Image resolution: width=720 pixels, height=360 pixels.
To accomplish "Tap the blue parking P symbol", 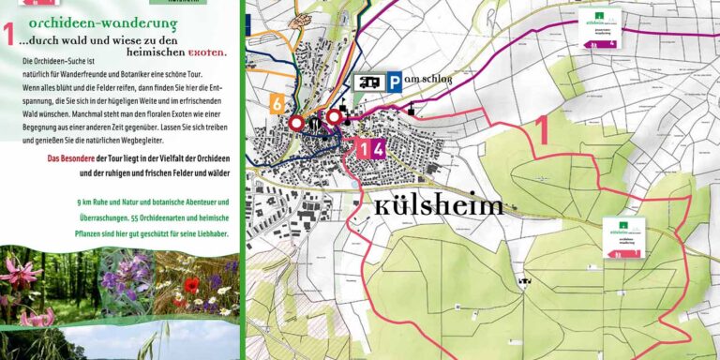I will [396, 82].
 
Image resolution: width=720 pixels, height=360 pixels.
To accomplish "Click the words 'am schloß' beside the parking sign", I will [429, 82].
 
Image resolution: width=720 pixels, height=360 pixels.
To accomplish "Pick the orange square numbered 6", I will [277, 104].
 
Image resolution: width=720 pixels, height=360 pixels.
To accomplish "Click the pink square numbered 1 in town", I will [363, 148].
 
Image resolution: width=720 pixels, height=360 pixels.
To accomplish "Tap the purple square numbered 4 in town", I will [378, 148].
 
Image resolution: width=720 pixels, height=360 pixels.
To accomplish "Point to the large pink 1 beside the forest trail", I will [541, 129].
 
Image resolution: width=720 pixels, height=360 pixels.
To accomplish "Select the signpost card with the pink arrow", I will [624, 238].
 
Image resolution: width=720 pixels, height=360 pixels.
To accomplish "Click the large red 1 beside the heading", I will [9, 35].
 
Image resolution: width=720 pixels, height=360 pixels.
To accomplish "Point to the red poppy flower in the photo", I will [191, 285].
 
